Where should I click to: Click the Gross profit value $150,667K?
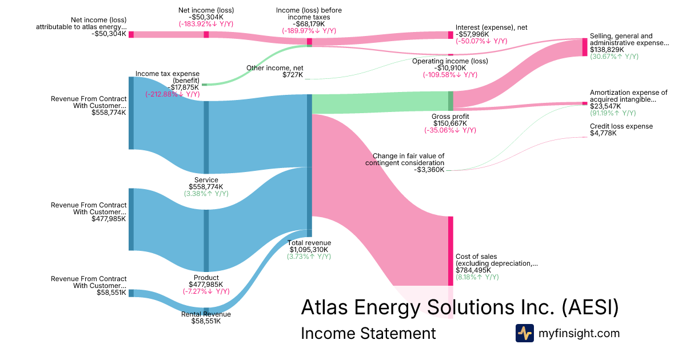tap(450, 123)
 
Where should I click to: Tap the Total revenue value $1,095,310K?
tap(309, 250)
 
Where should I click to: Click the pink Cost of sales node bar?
tap(450, 251)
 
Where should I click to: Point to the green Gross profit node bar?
tap(450, 101)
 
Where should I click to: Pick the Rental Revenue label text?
tap(206, 314)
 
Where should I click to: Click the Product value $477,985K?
tap(206, 284)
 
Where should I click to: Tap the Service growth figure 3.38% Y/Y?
tap(206, 194)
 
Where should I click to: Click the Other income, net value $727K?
tap(293, 75)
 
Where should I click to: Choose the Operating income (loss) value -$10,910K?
tap(450, 68)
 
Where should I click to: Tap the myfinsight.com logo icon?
tap(525, 333)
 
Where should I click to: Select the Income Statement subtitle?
tap(368, 334)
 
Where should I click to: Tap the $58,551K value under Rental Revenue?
tap(206, 321)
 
